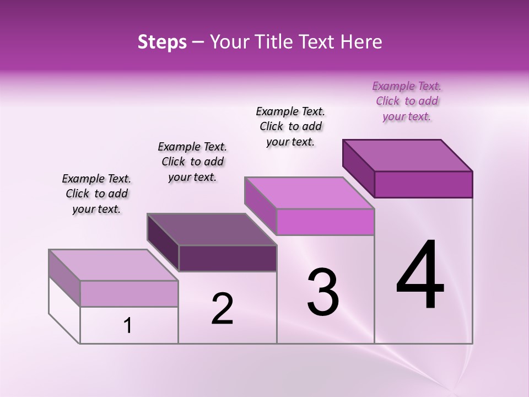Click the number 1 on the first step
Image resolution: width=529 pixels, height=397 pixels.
[x=128, y=326]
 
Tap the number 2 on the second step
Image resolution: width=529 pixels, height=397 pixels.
[x=222, y=308]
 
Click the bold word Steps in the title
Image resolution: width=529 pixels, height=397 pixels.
[x=162, y=42]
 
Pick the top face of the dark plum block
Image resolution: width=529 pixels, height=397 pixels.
[x=212, y=229]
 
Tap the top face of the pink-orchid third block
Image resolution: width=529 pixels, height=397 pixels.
[x=310, y=193]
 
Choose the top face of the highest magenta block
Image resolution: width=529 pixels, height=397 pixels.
[x=408, y=155]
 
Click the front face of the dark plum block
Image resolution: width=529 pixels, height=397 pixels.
[x=228, y=258]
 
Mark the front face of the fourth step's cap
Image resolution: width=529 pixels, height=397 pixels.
[x=423, y=184]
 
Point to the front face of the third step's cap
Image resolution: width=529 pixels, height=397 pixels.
[x=325, y=222]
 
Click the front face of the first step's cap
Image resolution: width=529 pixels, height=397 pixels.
[x=129, y=293]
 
